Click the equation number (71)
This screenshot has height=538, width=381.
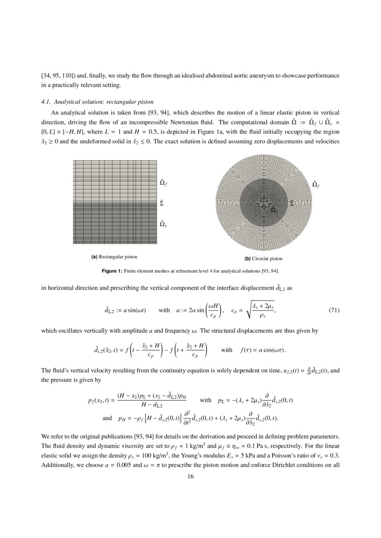334,310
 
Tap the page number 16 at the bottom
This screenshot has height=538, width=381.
190,476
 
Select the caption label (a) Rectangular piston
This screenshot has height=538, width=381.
114,256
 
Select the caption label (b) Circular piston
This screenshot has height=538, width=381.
263,259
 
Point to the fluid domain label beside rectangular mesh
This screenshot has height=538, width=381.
163,183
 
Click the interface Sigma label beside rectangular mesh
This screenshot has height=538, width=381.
162,202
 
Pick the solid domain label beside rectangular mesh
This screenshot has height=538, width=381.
163,224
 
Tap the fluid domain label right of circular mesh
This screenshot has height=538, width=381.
316,185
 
